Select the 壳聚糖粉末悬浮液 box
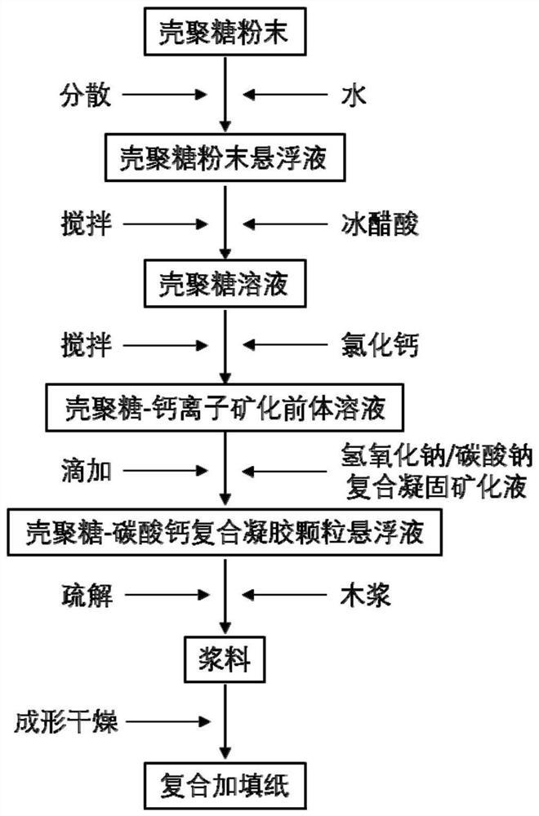tap(225, 157)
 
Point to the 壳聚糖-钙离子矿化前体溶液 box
tap(225, 406)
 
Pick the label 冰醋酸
tap(380, 222)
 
